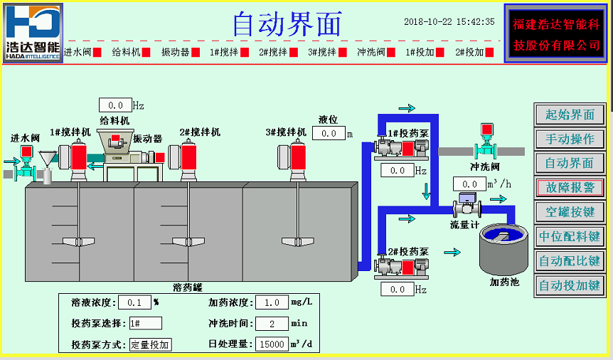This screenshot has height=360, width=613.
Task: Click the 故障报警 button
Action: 570,187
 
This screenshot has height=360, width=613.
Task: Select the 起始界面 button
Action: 570,115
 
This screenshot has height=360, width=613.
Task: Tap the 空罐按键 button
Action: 570,212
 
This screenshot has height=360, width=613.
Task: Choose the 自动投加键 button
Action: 570,285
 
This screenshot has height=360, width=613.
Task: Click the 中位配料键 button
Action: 570,236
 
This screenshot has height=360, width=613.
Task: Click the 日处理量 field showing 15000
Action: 270,344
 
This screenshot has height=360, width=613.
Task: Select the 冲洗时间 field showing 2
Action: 270,323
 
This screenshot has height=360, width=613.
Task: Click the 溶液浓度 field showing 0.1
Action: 134,302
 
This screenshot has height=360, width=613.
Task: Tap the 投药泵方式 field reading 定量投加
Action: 151,344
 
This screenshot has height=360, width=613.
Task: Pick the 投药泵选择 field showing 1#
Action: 145,323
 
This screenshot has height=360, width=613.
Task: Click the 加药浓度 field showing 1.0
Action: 270,302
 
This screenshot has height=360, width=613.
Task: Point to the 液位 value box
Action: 328,133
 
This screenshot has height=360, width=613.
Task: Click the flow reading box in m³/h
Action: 469,184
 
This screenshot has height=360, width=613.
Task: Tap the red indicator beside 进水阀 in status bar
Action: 97,52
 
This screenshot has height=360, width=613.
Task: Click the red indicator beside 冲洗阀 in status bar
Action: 392,52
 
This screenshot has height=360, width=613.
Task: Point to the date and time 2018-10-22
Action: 449,22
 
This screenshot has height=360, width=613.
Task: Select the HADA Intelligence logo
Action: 33,32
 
